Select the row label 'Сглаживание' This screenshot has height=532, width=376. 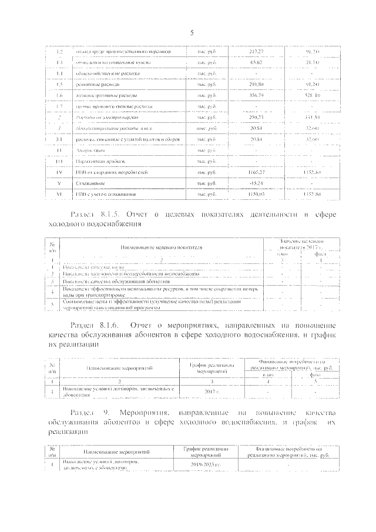click(90, 183)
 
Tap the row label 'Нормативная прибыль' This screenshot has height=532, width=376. click(98, 161)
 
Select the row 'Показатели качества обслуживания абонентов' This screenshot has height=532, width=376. click(117, 281)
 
